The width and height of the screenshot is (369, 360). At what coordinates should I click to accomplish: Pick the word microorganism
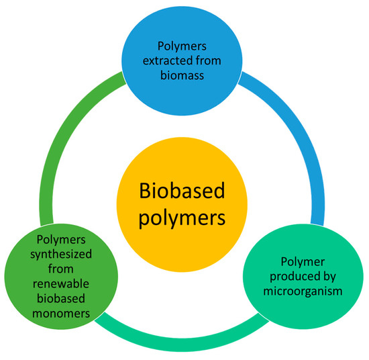304,292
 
